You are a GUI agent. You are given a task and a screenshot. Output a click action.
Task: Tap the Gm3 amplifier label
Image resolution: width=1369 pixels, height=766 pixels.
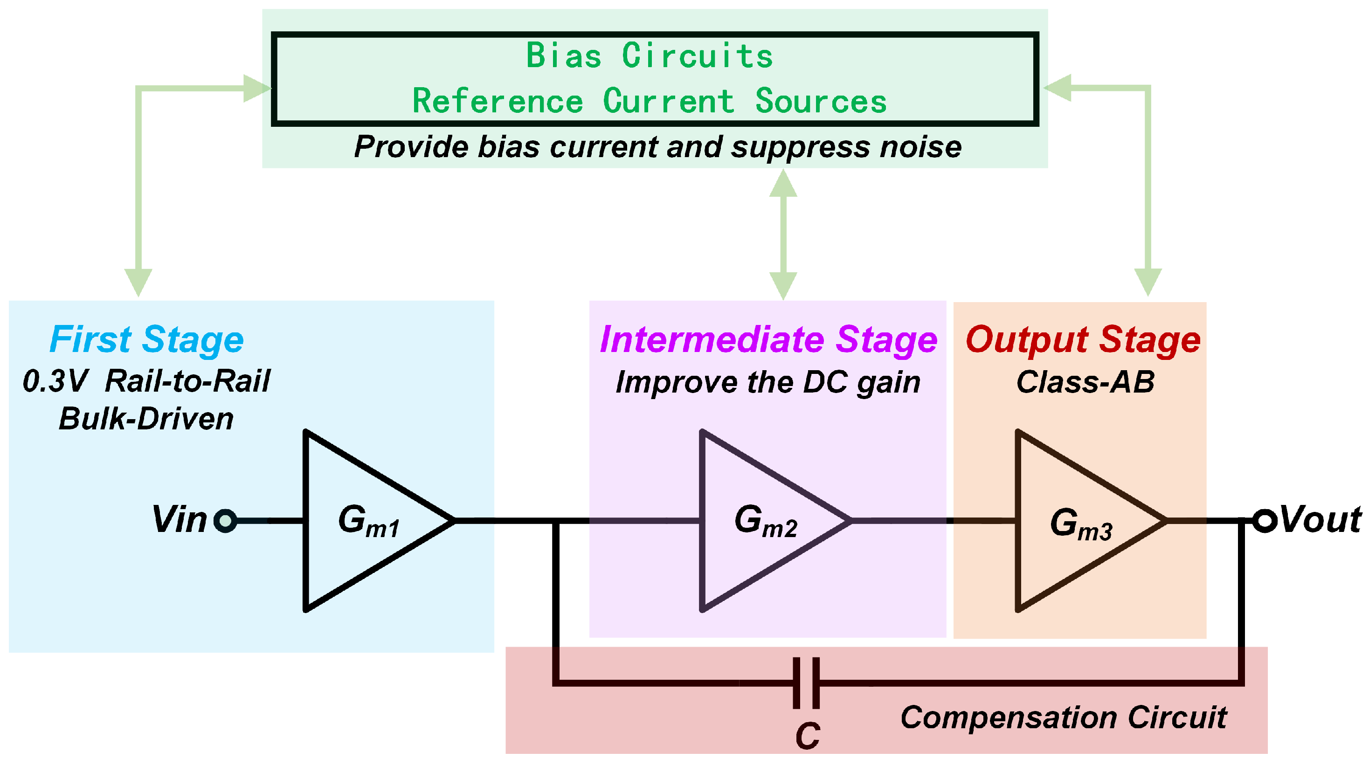pos(1081,524)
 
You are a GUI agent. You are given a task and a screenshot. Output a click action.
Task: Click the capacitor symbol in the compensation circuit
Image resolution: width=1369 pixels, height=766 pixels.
pos(806,683)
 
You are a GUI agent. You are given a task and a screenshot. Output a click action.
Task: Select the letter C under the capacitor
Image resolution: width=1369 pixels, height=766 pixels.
pos(807,736)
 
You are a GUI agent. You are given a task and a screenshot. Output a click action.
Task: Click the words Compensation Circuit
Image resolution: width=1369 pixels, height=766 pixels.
pos(1063,718)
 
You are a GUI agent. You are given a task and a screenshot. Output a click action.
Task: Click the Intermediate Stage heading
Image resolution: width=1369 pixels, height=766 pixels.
pos(768,339)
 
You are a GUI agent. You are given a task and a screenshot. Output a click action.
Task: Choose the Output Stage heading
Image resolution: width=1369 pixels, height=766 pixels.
pos(1083,339)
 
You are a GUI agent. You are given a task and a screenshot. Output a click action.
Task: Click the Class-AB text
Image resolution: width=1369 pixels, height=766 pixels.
pos(1085,382)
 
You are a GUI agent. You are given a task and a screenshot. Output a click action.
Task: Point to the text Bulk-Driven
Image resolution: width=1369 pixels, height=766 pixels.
pos(146,419)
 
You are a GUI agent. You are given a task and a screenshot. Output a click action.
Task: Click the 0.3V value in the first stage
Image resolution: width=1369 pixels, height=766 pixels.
pos(55,381)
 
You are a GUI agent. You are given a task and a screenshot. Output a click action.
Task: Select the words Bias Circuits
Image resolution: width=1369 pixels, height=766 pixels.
pos(649,56)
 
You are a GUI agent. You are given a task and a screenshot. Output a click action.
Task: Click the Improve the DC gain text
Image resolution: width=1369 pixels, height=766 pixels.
pos(767,382)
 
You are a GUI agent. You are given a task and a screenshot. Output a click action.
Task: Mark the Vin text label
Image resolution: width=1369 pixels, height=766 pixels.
pos(179,519)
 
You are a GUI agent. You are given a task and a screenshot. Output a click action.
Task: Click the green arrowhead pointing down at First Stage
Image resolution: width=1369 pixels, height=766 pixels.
pos(138,282)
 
